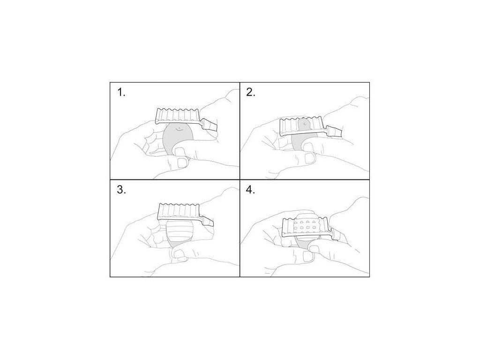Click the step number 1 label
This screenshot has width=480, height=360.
pos(121,92)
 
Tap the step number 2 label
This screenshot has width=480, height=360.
pos(251,92)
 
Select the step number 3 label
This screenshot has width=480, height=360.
pos(121,190)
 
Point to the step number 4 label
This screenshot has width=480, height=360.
pos(251,190)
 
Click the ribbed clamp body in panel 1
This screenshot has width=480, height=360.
pos(179,116)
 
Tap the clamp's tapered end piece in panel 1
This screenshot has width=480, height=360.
pos(210,125)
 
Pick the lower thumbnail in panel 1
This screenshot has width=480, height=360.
pos(183,163)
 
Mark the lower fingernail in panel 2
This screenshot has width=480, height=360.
pos(310,158)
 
